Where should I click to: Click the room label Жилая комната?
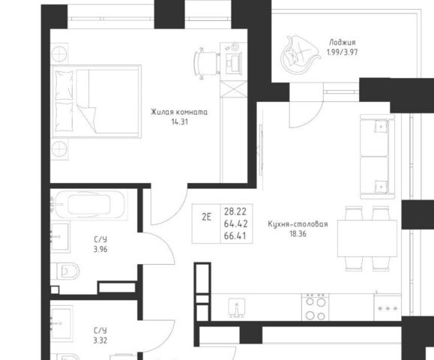(x=179, y=112)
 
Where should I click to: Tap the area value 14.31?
(x=180, y=121)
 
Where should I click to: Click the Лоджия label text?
(x=343, y=43)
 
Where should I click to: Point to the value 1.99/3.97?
(x=343, y=52)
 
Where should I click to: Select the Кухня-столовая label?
(x=298, y=224)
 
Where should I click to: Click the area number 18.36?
(x=298, y=234)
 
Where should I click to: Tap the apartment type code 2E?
(x=206, y=217)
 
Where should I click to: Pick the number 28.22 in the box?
(x=235, y=211)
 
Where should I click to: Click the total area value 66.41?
(x=235, y=236)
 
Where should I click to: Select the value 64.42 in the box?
(x=236, y=223)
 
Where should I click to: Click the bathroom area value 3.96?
(x=100, y=250)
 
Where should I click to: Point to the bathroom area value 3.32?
(x=100, y=340)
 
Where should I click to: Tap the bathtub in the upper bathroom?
(x=89, y=205)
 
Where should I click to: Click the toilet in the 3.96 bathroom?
(x=67, y=271)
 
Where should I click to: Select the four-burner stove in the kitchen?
(x=316, y=307)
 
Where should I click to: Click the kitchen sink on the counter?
(x=236, y=308)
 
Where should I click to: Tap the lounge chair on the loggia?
(x=300, y=54)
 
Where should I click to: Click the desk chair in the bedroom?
(x=207, y=64)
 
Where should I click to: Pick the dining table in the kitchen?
(x=367, y=238)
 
